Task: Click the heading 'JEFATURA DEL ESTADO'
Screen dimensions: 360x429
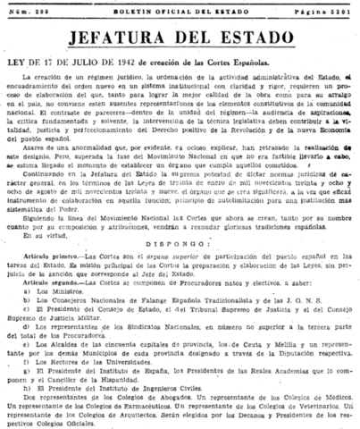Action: [x=180, y=37]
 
